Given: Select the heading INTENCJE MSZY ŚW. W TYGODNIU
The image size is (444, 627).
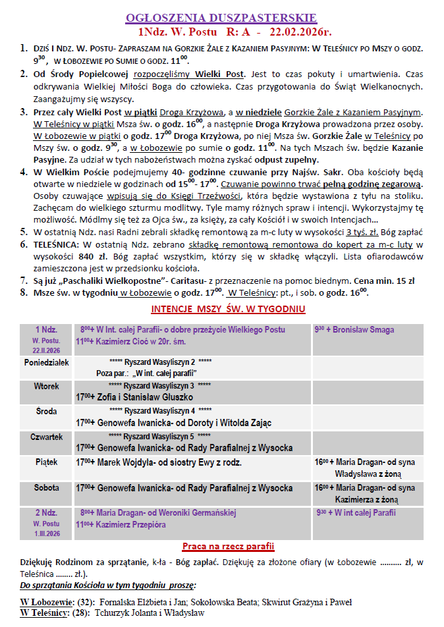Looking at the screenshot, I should (x=227, y=308).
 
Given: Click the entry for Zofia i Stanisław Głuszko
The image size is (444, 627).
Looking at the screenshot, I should (x=134, y=398).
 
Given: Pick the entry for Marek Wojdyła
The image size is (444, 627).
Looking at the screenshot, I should (x=159, y=462).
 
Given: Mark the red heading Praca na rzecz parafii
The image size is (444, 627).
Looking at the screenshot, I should (x=228, y=547).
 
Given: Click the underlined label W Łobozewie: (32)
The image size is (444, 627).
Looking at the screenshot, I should (x=57, y=602).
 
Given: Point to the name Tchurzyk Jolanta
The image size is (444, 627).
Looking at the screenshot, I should (x=134, y=613).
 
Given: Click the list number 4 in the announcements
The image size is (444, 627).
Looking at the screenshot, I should (x=24, y=172).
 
